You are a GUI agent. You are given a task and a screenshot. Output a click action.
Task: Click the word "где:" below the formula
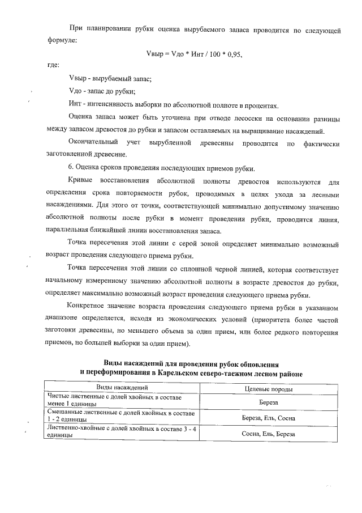tap(54, 66)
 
